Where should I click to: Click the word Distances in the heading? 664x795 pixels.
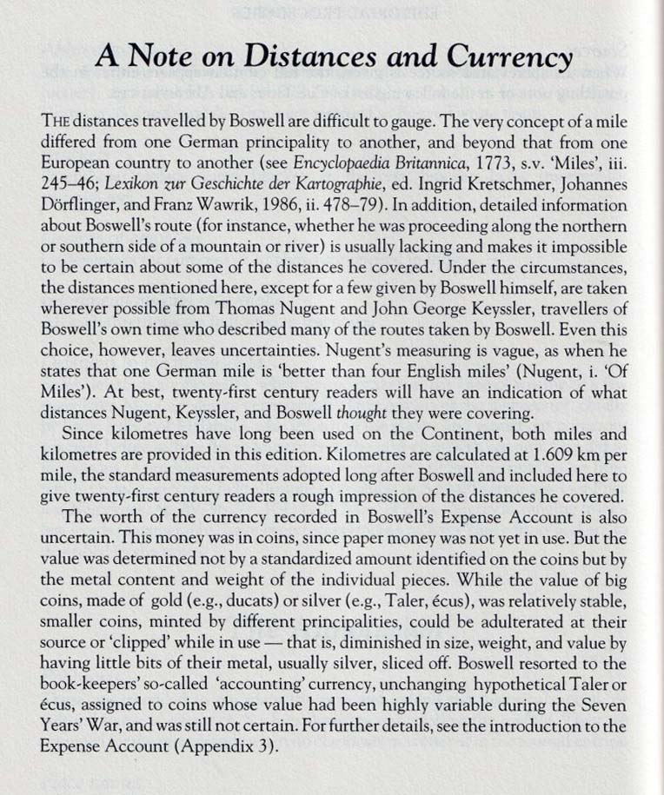pyautogui.click(x=288, y=57)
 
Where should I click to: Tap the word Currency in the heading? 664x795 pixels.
pyautogui.click(x=509, y=57)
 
